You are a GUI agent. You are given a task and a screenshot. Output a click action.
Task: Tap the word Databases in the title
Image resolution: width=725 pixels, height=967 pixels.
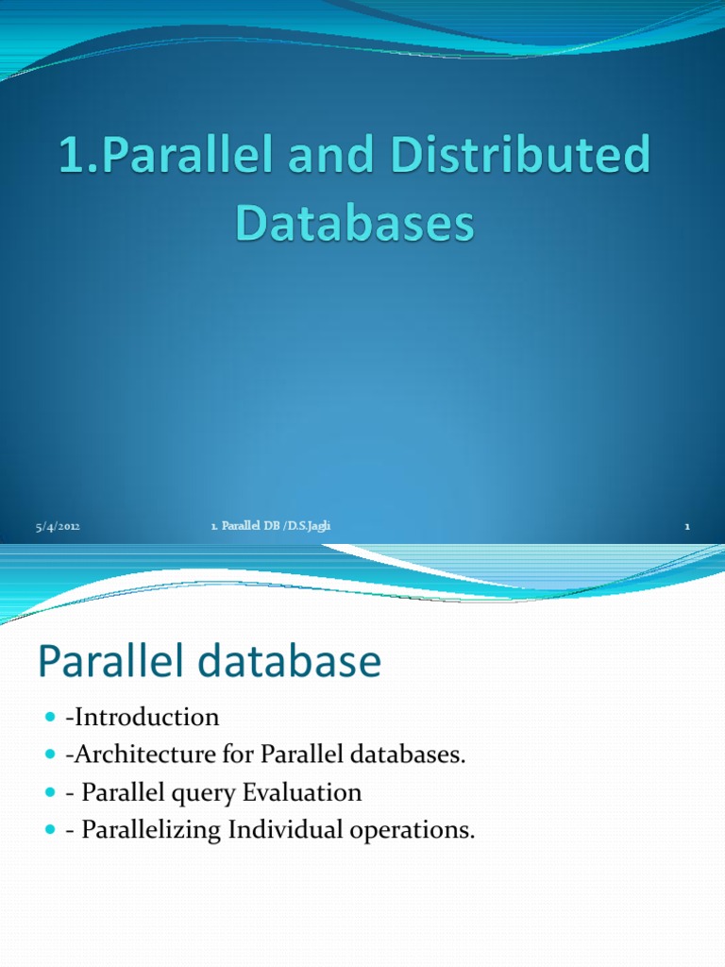353,225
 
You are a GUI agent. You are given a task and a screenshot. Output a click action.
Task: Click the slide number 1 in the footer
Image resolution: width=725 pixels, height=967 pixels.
687,527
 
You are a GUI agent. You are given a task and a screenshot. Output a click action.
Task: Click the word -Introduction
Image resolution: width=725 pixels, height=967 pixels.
143,718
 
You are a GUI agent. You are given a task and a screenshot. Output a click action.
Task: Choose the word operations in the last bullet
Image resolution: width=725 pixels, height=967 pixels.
414,831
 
